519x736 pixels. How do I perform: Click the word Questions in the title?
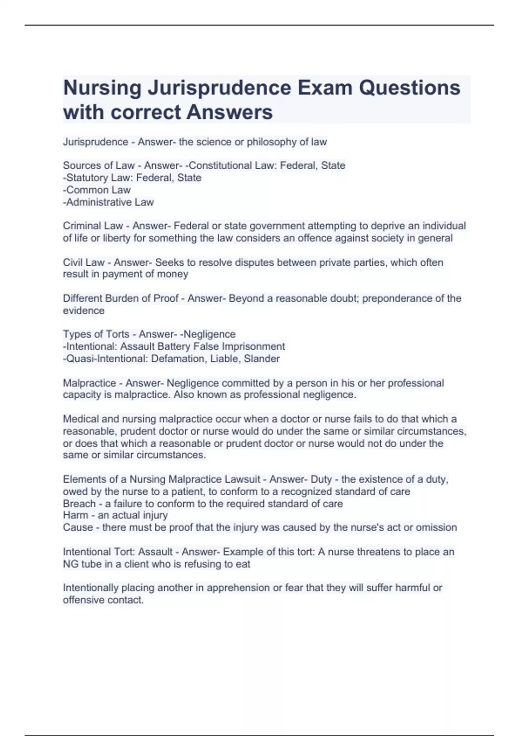[410, 88]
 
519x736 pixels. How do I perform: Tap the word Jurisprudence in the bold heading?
[220, 88]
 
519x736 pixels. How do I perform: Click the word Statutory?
[86, 178]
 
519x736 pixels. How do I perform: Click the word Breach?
[79, 504]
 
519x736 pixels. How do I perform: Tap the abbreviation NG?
[70, 564]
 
